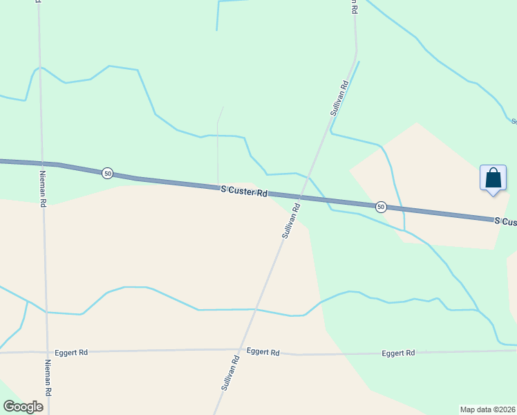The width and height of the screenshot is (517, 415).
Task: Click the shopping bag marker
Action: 493,178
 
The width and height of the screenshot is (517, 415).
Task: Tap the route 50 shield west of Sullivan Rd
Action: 107,173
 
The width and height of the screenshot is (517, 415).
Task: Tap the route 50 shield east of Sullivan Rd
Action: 381,207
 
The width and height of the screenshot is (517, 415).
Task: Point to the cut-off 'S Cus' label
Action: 505,221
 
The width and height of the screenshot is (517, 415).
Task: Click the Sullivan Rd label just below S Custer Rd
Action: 292,221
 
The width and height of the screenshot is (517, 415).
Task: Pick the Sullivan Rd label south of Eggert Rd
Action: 230,373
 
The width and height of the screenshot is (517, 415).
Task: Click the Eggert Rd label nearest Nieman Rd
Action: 73,352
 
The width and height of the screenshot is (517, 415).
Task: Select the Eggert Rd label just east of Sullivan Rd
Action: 263,351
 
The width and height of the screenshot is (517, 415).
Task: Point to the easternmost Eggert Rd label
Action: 399,353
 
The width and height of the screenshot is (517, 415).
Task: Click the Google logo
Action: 23,407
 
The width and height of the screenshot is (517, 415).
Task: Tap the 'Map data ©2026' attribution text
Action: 487,409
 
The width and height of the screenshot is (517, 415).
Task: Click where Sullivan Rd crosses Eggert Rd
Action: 241,350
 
